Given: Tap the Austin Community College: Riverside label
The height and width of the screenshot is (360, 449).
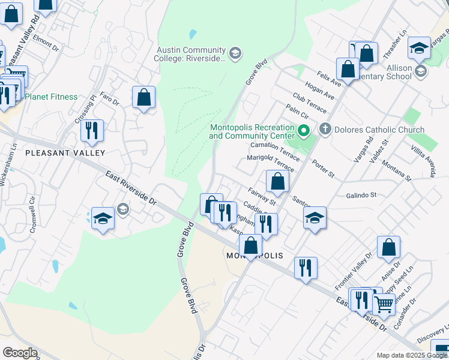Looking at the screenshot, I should (x=191, y=55).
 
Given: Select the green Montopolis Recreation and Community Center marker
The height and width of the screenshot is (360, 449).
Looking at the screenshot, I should (x=304, y=130).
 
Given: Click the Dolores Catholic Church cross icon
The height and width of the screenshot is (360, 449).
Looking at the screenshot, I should (x=325, y=129).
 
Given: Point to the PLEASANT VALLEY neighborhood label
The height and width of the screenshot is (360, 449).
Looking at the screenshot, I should (x=57, y=153).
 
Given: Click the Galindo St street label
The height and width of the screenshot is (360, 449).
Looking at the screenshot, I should (x=361, y=195).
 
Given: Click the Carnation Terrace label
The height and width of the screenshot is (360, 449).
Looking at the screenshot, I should (x=275, y=149).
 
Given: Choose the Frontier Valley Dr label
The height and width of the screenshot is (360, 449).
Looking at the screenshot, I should (x=362, y=266).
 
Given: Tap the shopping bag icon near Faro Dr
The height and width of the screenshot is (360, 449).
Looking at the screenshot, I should (x=143, y=97).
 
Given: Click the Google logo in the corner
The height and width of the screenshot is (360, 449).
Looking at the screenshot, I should (x=20, y=353).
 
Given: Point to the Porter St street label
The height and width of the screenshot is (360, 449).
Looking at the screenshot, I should (x=323, y=169).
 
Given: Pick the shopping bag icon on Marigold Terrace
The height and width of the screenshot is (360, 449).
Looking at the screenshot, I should (x=277, y=181).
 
